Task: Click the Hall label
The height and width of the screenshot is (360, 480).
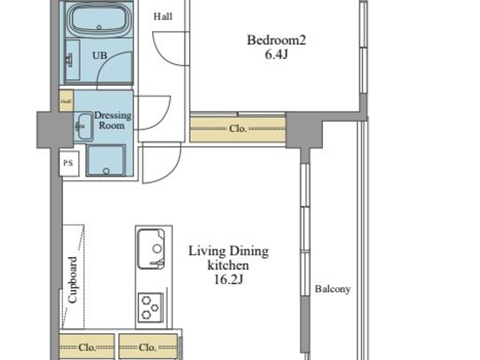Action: pos(163,16)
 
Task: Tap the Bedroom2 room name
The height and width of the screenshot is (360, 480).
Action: pos(276,40)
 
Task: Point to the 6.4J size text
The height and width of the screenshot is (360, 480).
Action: pos(276,54)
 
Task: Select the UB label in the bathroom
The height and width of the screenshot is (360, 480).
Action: pos(99,55)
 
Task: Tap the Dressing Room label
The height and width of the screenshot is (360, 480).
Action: pos(112,120)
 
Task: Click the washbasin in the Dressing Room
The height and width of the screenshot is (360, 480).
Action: pos(83,127)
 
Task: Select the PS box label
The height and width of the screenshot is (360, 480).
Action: pos(68,163)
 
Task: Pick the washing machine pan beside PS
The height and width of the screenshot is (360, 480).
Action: pos(106,160)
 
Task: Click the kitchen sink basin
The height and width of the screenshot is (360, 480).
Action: pos(151,249)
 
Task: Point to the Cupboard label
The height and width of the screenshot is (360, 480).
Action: pos(73,280)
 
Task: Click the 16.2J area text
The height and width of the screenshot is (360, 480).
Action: pos(228,280)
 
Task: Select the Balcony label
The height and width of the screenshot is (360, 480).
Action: pos(333,289)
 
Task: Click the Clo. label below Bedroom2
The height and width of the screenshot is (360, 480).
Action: pos(238,129)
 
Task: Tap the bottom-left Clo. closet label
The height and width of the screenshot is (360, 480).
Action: pos(87,347)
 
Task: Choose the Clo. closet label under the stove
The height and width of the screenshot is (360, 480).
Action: pos(147,347)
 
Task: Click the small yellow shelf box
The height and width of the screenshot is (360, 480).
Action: pos(66,101)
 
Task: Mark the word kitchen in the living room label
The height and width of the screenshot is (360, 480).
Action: pos(228,265)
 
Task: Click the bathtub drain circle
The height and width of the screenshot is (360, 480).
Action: pos(99,27)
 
